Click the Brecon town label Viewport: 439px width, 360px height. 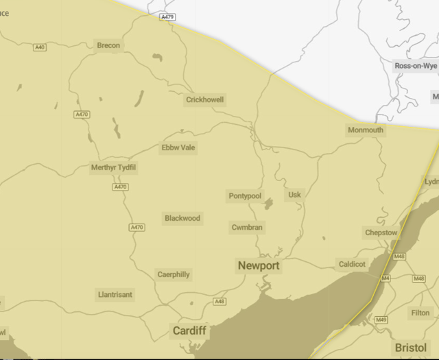pos(108,45)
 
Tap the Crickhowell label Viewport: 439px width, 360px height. pos(205,99)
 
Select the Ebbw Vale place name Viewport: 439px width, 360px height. pos(178,147)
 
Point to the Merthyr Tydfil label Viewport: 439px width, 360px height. pos(114,167)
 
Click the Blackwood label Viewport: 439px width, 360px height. pos(182,218)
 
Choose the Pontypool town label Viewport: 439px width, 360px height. pos(245,196)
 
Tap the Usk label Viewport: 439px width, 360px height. pos(295,195)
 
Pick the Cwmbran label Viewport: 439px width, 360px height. pos(247,227)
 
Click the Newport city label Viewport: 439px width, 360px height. pos(259,265)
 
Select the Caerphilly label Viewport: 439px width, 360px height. pos(174,274)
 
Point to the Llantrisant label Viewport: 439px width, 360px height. pos(115,294)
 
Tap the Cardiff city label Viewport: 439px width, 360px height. pos(189,331)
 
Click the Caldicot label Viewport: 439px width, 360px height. pos(353,264)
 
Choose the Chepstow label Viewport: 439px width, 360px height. pos(381,232)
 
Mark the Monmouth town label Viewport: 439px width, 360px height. pos(366,130)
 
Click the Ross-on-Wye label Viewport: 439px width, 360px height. pos(415,66)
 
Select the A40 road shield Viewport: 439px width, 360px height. pos(40,47)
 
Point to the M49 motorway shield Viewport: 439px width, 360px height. pos(381,320)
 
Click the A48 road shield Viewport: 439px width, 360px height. pos(219,301)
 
